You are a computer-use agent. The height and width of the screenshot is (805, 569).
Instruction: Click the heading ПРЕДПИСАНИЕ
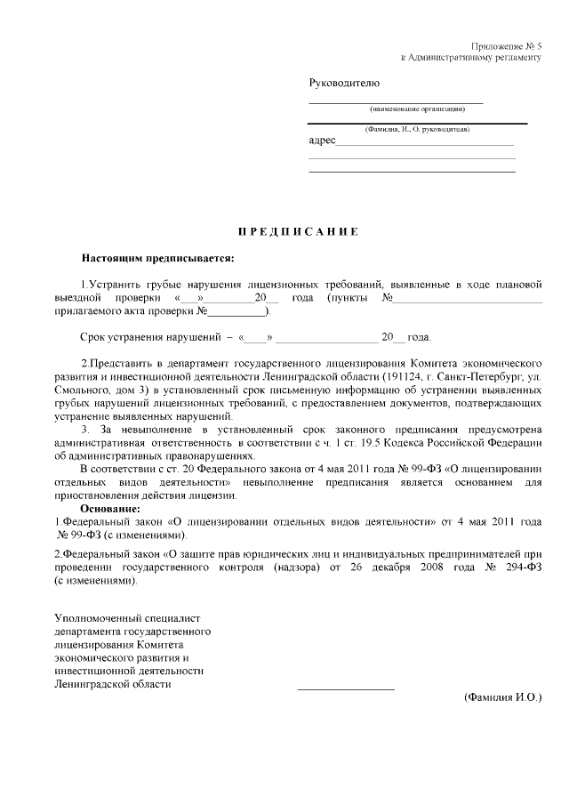click(x=298, y=232)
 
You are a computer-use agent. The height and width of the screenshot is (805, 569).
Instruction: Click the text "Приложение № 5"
click(x=507, y=45)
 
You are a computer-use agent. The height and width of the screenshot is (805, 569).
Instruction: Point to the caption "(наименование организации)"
click(x=416, y=109)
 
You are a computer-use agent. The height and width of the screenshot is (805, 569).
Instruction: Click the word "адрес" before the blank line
click(x=322, y=141)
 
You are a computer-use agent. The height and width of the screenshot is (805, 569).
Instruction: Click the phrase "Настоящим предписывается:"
click(x=158, y=259)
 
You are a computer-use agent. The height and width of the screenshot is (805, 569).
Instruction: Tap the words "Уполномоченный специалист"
click(x=129, y=617)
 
